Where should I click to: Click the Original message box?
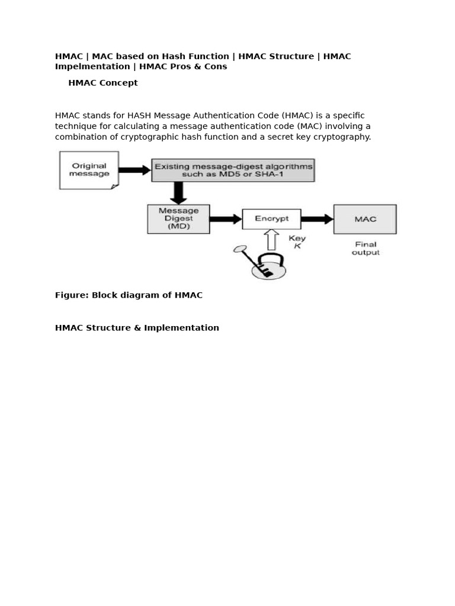coord(89,170)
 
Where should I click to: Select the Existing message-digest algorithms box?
coord(233,170)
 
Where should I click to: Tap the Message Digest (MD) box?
coord(178,219)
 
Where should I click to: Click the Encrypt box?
coord(271,219)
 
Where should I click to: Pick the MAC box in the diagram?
coord(365,219)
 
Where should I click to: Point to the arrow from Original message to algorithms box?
coord(134,170)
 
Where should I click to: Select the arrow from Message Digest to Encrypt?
coord(226,219)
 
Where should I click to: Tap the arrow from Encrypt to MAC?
coord(317,219)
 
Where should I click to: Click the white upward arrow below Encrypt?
coord(271,240)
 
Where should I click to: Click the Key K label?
coord(297,242)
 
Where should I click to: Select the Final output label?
coord(366,249)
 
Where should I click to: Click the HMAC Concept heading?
coord(103,83)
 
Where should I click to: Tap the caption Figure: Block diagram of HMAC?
coord(129,295)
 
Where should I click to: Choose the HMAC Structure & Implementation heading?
coord(137,328)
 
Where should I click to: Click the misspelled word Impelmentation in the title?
coord(92,67)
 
